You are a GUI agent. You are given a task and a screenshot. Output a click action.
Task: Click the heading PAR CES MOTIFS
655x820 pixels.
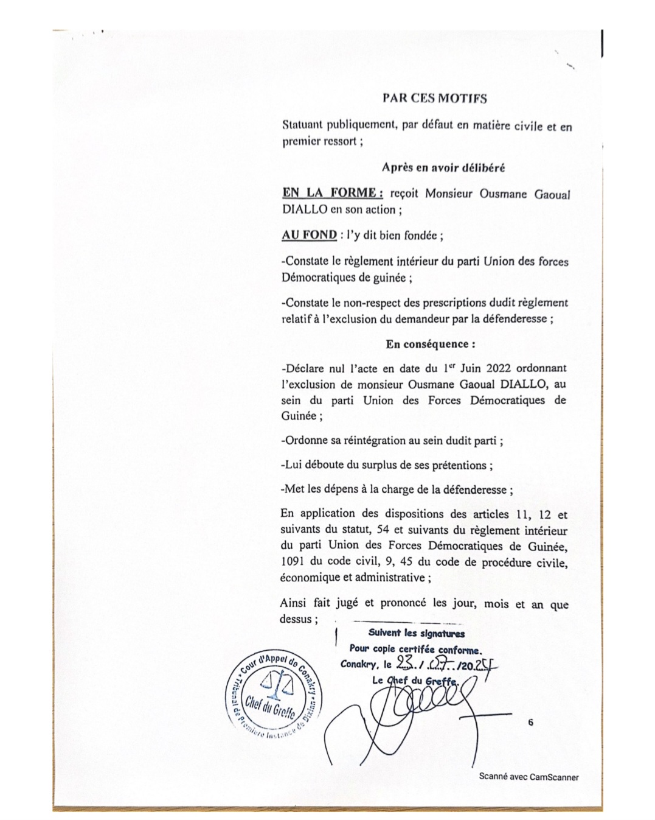[x=434, y=98]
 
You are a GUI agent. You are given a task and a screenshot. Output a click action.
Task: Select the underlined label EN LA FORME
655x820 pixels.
[x=332, y=193]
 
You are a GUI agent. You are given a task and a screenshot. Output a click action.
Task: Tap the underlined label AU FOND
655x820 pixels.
[x=309, y=235]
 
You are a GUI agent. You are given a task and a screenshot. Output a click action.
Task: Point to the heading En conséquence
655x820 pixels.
[x=430, y=344]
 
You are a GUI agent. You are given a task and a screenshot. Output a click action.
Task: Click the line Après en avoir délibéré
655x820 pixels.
[x=443, y=167]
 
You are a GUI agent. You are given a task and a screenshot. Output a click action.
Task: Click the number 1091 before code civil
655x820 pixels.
[x=293, y=562]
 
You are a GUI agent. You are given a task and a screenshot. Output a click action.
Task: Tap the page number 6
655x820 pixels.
[x=531, y=723]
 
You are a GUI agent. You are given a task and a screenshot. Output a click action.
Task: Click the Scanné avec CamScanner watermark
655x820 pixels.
[x=529, y=777]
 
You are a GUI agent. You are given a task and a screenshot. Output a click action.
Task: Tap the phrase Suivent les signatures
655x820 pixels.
[x=416, y=633]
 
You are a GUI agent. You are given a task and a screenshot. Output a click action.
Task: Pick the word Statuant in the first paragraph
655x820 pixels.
[x=302, y=126]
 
